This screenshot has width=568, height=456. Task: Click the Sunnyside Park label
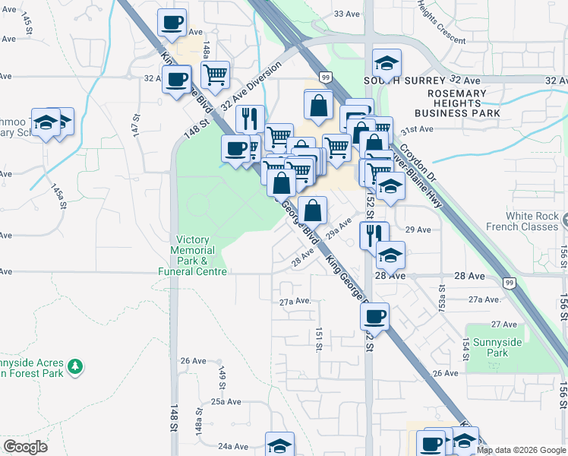tap(493, 347)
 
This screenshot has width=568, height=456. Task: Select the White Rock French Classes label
tap(532, 221)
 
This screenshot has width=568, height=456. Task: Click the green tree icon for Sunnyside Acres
tap(75, 367)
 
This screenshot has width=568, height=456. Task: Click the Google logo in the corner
tap(25, 447)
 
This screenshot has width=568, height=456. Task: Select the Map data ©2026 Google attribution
tap(521, 450)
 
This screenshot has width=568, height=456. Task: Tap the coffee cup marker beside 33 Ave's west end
tap(172, 22)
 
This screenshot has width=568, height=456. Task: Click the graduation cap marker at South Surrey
tap(387, 62)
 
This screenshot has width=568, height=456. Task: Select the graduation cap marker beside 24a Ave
tap(279, 445)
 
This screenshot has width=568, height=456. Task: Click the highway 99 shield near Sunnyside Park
tap(510, 283)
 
